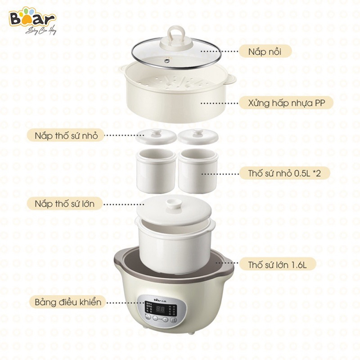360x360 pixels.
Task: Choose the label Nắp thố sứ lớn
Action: pyautogui.click(x=64, y=203)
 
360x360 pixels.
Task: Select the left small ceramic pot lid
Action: pyautogui.click(x=155, y=135)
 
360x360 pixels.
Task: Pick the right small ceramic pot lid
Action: pyautogui.click(x=198, y=135)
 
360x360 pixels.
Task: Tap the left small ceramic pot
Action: pyautogui.click(x=156, y=170)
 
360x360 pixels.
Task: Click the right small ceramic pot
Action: pyautogui.click(x=198, y=170)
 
